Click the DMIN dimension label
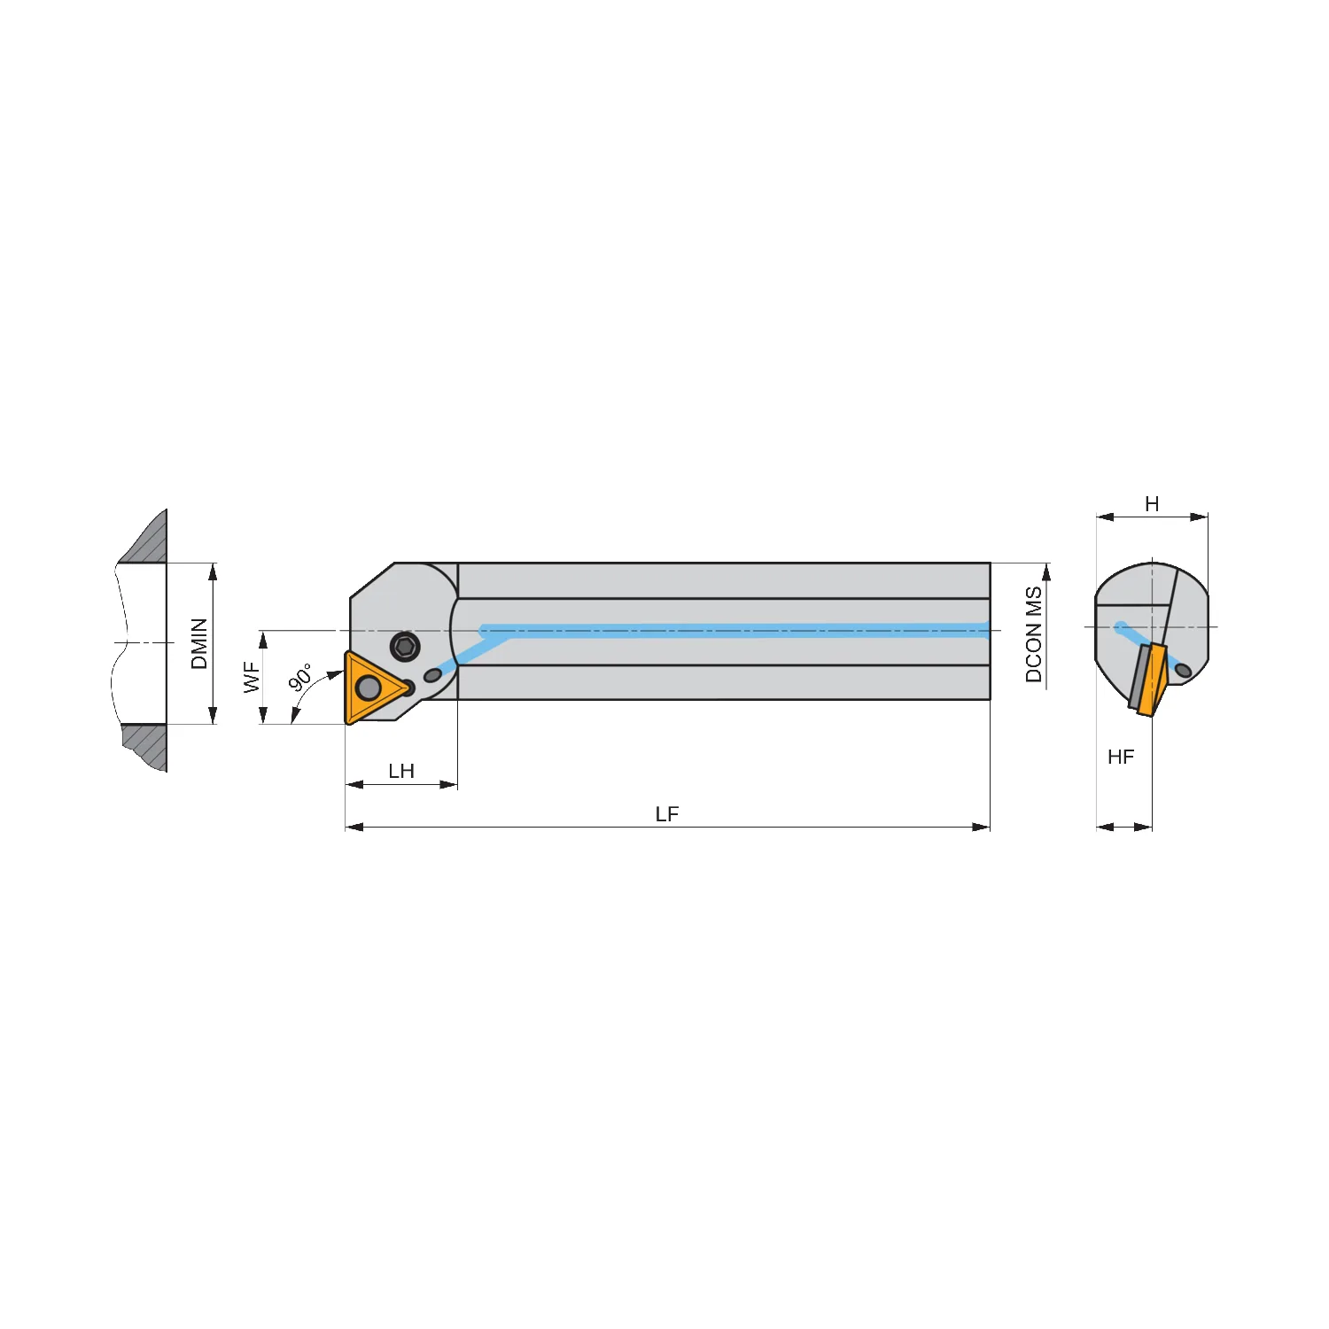(x=199, y=644)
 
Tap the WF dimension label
(x=252, y=678)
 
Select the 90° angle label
(x=301, y=677)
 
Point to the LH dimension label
(x=401, y=771)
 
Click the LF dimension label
(x=667, y=814)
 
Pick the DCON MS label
(x=1033, y=634)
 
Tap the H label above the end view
(x=1152, y=504)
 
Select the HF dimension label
(x=1121, y=757)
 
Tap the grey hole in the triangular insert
(x=368, y=688)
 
